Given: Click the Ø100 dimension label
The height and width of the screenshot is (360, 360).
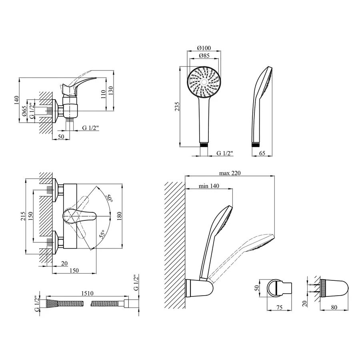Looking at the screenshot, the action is pyautogui.click(x=204, y=48).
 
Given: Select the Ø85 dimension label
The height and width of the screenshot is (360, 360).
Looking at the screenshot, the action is pyautogui.click(x=204, y=55).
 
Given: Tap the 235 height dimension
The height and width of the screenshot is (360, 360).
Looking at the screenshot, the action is pyautogui.click(x=177, y=107).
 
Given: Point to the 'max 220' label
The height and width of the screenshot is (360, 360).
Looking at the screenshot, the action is pyautogui.click(x=230, y=173).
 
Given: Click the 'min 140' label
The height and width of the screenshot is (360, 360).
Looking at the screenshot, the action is pyautogui.click(x=209, y=186).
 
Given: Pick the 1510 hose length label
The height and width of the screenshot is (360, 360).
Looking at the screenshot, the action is pyautogui.click(x=87, y=293).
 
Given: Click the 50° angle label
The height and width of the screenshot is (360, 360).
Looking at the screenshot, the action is pyautogui.click(x=109, y=198).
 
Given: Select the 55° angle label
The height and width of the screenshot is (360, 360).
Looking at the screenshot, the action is pyautogui.click(x=102, y=233).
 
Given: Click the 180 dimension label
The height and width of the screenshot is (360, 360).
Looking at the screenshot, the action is pyautogui.click(x=119, y=216).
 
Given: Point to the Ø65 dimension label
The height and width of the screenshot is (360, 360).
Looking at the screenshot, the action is pyautogui.click(x=24, y=111).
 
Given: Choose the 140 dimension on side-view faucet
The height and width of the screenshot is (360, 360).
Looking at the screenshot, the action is pyautogui.click(x=16, y=100).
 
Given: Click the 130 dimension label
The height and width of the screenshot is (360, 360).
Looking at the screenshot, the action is pyautogui.click(x=111, y=91).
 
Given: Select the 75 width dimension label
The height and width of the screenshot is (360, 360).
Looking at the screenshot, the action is pyautogui.click(x=279, y=307).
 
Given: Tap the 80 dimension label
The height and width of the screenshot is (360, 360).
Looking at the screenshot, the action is pyautogui.click(x=334, y=307).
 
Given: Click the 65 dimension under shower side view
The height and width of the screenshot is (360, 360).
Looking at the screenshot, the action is pyautogui.click(x=262, y=153).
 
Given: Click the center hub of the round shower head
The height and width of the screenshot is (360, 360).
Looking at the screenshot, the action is pyautogui.click(x=204, y=82).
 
